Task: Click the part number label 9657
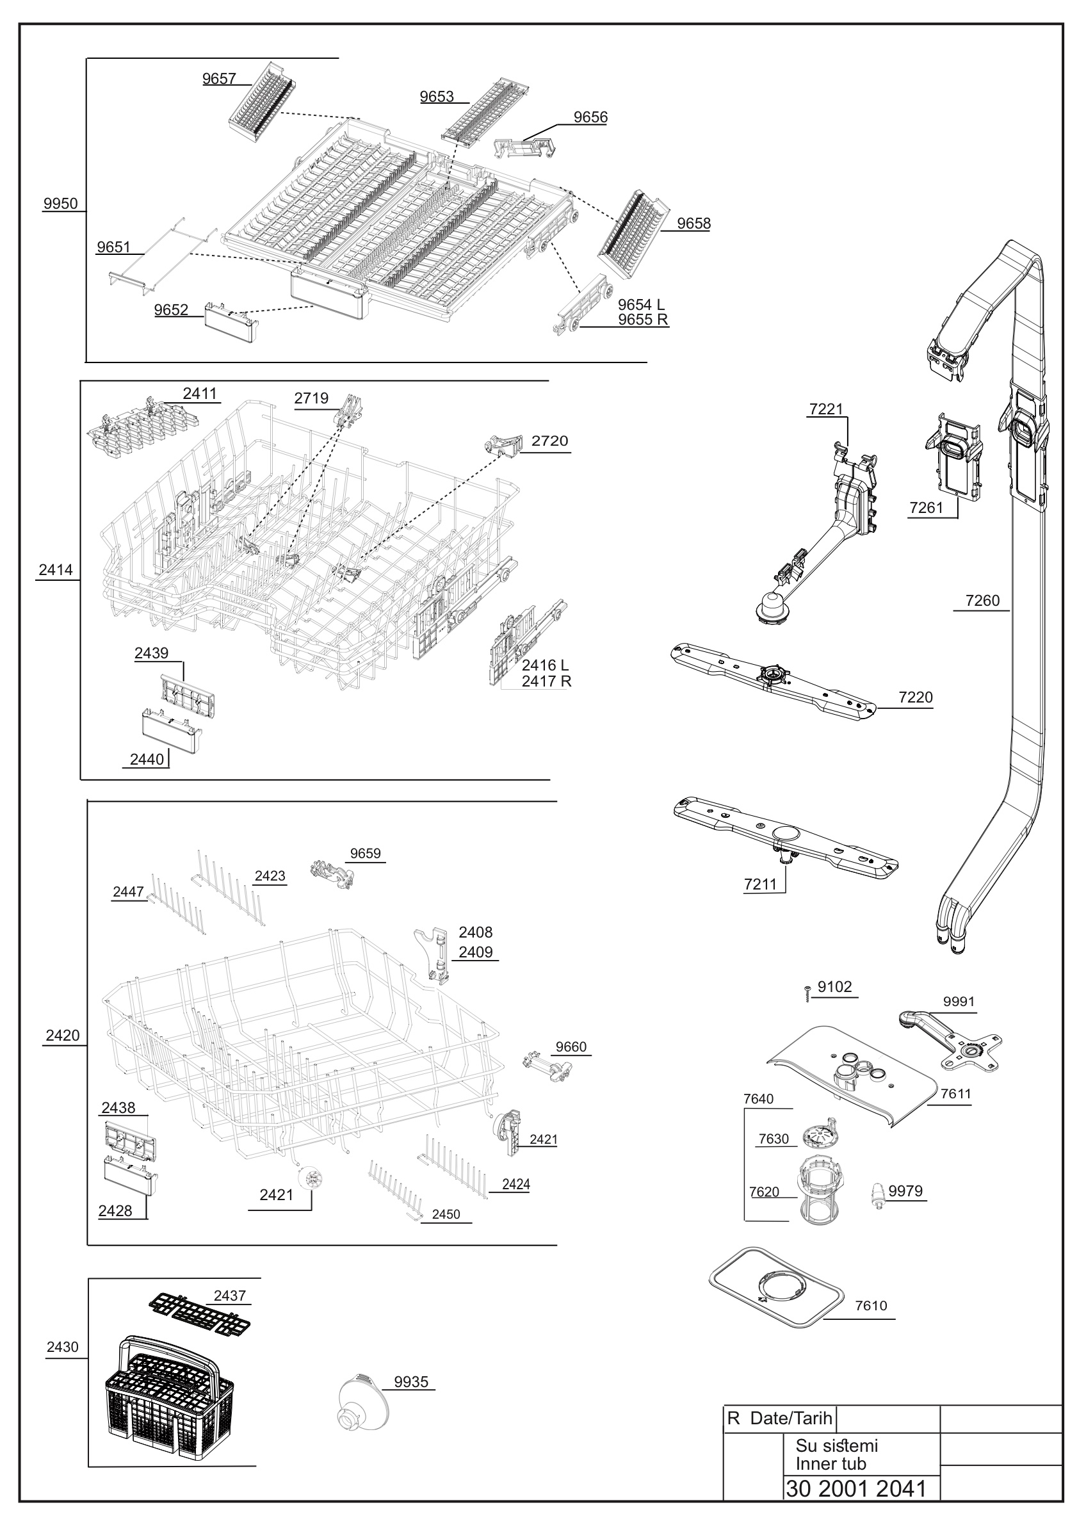(219, 79)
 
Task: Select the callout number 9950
(60, 204)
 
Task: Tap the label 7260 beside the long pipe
(982, 601)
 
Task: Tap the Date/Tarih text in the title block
(791, 1419)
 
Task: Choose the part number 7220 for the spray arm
(916, 697)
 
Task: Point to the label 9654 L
(641, 305)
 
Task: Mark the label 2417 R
(547, 681)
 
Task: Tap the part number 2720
(549, 441)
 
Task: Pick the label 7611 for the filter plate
(955, 1094)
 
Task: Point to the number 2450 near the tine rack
(446, 1214)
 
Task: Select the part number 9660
(571, 1047)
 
